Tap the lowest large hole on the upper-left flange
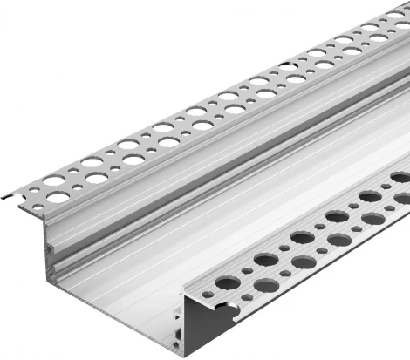[58, 197]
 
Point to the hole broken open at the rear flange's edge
[287, 65]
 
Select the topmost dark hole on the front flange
[400, 177]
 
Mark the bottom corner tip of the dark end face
[186, 354]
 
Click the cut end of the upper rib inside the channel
[51, 248]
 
